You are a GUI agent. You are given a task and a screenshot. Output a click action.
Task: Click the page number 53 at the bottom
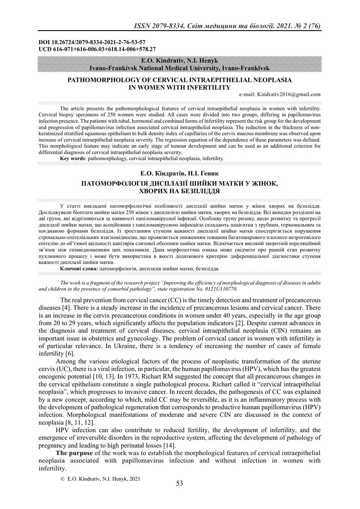point(180,483)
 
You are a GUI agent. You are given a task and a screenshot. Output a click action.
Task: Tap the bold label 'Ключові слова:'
point(79,268)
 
